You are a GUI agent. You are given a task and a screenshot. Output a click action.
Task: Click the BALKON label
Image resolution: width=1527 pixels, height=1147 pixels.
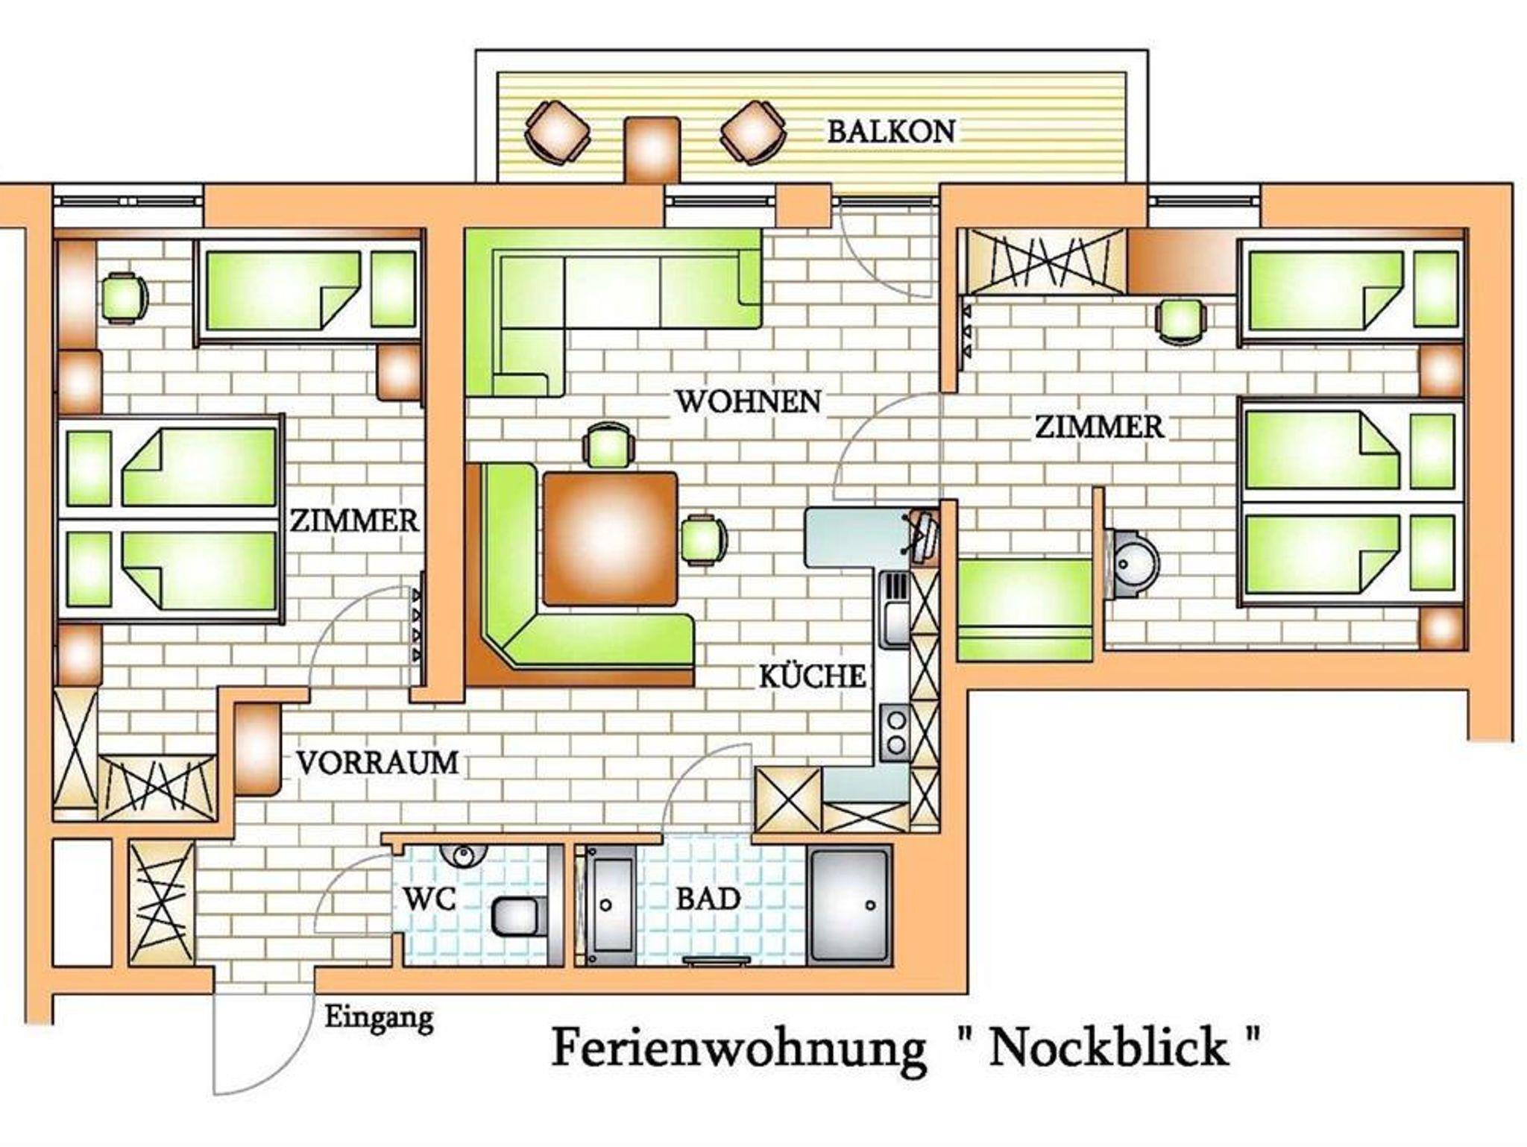coord(891,131)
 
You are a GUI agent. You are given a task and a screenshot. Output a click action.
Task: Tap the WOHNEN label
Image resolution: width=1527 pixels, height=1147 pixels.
coord(748,401)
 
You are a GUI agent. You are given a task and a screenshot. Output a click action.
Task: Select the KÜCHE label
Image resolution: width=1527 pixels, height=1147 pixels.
coord(812,676)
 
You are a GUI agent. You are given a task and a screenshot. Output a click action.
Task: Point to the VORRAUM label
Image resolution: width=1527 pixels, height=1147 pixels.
coord(377,762)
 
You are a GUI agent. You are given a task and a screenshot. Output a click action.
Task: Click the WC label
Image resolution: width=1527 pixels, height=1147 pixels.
coord(429,899)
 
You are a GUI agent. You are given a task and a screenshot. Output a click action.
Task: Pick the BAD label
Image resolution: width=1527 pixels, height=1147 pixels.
coord(708,899)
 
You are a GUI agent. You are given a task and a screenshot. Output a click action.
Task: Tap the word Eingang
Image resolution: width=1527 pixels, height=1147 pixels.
coord(379,1018)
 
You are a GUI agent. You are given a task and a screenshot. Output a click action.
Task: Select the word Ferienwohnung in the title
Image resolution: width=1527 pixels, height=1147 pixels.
coord(738,1049)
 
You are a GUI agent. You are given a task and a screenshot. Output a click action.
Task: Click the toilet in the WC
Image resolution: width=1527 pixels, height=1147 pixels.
coord(518,916)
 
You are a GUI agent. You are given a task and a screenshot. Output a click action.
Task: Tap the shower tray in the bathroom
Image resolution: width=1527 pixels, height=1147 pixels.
coord(850,905)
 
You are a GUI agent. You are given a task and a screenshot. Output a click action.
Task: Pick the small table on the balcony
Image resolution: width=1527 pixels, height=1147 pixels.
coord(652,148)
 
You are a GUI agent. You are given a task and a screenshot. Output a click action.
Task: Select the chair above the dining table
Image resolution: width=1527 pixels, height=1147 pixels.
coord(609,446)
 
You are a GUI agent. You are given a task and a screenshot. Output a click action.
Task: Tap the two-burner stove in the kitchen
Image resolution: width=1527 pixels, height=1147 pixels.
coord(895,732)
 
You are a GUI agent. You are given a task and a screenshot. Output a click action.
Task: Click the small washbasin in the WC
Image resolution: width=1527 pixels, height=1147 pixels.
coord(463,855)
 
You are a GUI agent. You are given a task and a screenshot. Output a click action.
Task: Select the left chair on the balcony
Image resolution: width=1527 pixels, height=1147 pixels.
coord(557,133)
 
